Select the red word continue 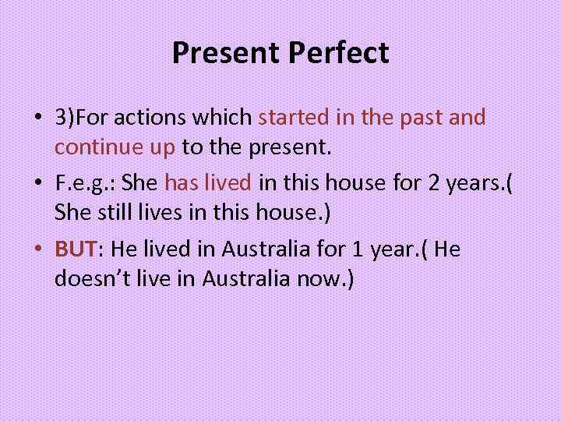coord(91,146)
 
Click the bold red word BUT coord(75,249)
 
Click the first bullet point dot coord(37,119)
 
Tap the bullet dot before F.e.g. coord(37,184)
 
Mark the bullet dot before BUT coord(37,249)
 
